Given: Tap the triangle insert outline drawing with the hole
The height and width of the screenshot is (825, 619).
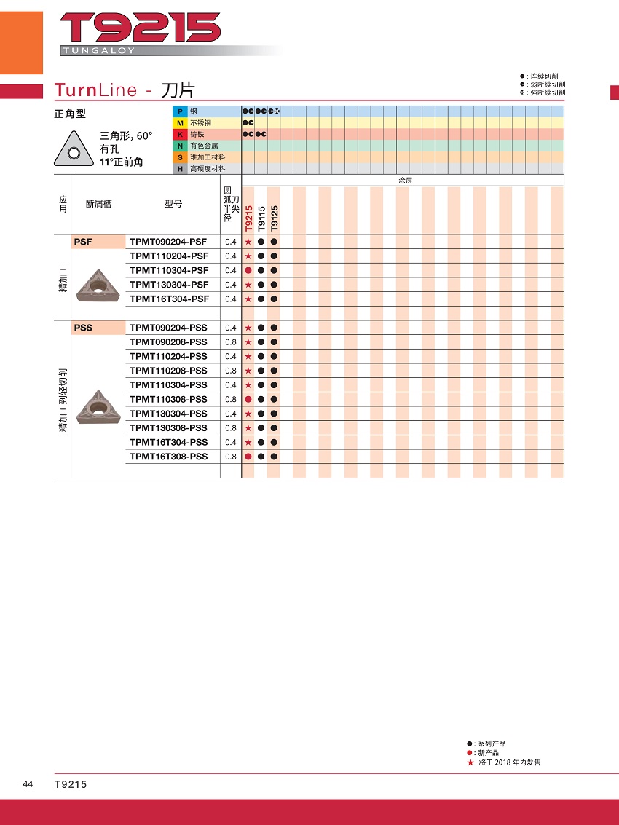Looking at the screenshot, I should tap(73, 151).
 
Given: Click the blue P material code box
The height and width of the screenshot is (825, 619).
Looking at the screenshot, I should tap(178, 111).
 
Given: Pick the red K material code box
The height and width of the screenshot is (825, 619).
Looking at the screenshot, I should tap(178, 134).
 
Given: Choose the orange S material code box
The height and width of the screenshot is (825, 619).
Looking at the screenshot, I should tap(178, 157).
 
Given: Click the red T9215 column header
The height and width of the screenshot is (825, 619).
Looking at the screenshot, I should tap(248, 217).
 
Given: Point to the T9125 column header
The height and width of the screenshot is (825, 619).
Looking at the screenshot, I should tap(274, 217).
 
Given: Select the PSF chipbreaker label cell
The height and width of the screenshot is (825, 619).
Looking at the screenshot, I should tap(98, 242).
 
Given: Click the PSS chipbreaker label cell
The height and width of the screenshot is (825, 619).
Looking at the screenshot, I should tap(98, 328).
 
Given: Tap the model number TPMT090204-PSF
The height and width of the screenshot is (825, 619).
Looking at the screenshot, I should tap(168, 242).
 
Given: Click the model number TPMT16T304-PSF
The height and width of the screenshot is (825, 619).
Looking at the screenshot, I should tap(169, 299).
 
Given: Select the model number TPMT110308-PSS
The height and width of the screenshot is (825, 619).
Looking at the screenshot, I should tap(168, 399).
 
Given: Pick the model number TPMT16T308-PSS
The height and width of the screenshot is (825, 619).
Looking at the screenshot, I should tap(168, 457).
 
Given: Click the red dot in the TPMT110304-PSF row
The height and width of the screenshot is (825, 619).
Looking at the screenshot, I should tap(248, 270).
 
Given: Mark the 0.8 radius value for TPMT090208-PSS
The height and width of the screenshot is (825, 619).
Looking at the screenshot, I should tap(231, 342).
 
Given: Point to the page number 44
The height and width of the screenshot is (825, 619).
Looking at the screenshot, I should tap(28, 784).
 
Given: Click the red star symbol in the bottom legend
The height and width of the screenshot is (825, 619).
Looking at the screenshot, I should tap(470, 762).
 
